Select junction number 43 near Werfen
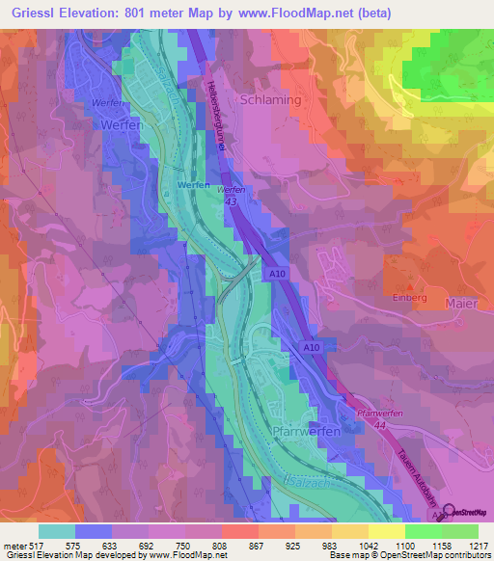229,202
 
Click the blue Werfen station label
194,184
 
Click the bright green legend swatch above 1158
423,531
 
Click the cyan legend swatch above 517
57,531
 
